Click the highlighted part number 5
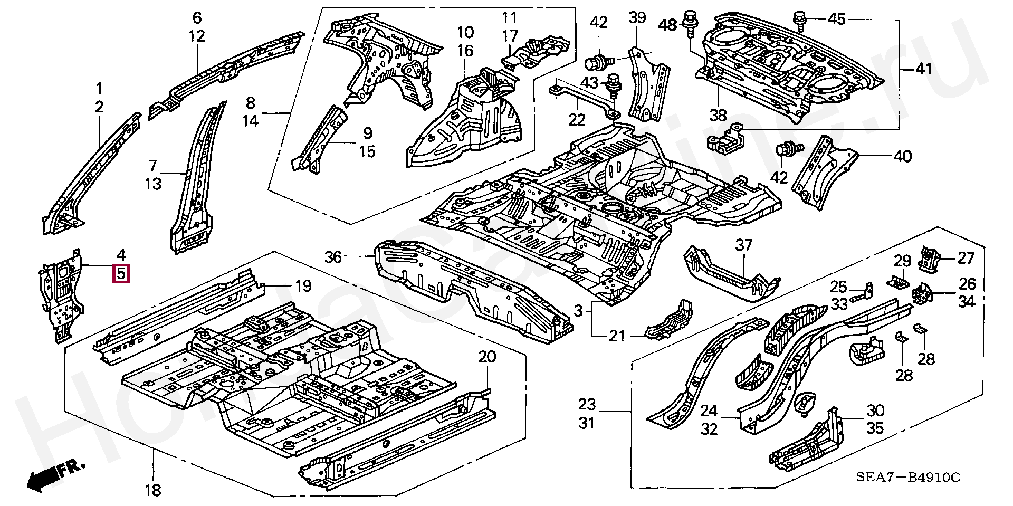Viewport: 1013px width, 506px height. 121,274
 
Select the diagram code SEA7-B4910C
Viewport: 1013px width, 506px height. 907,478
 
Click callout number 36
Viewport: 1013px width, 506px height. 333,257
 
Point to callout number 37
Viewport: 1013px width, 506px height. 743,245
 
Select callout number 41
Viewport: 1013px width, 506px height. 923,69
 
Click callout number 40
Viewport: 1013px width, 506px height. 903,157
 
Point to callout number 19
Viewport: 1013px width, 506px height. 303,287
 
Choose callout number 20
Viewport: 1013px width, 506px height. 487,357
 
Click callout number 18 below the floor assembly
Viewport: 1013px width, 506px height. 152,490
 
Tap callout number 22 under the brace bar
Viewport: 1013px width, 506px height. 577,120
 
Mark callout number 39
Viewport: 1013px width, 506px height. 637,18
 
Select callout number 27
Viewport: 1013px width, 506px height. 966,258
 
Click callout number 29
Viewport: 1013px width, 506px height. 902,261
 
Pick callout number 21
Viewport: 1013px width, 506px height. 617,336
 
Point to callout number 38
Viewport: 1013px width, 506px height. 718,115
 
